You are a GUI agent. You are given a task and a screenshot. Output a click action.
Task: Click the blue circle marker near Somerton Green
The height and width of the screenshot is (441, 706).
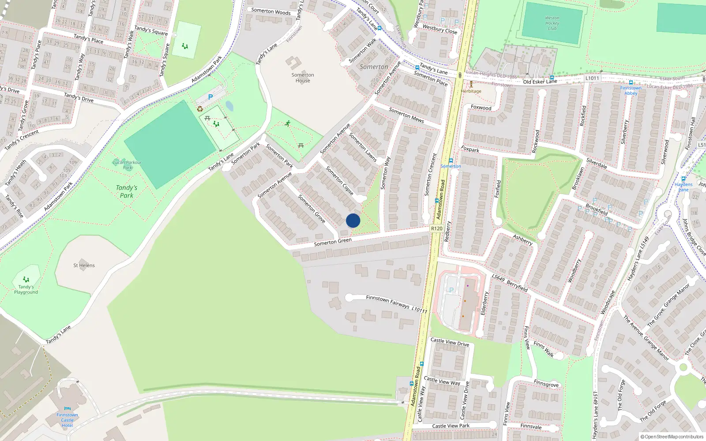[353, 220]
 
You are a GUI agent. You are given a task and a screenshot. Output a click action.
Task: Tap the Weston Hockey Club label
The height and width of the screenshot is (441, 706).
[552, 23]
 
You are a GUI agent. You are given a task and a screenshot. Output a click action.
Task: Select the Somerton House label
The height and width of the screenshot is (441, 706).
[303, 78]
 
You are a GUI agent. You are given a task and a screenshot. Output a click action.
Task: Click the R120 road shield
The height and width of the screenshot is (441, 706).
[437, 228]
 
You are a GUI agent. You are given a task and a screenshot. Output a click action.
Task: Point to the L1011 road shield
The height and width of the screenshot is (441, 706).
[592, 78]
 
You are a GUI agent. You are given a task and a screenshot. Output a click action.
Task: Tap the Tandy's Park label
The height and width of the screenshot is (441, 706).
[127, 191]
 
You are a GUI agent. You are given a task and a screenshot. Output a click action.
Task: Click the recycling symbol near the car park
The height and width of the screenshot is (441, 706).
[200, 109]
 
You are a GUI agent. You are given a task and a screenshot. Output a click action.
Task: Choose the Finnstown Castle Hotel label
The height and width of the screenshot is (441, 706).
[67, 420]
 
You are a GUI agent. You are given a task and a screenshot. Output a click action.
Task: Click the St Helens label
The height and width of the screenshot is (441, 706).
[84, 265]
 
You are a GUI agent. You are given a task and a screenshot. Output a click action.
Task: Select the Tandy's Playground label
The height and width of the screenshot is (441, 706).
[26, 289]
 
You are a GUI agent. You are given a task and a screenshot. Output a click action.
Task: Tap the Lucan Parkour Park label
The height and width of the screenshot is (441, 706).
[127, 165]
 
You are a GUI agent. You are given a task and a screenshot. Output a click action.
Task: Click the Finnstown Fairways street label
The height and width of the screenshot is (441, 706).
[387, 301]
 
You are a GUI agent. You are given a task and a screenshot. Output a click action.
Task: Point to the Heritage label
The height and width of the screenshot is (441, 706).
[471, 91]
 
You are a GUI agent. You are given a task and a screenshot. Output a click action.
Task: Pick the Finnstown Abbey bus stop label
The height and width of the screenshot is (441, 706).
[631, 90]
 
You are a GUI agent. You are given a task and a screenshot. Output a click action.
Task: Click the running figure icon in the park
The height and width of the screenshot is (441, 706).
[288, 123]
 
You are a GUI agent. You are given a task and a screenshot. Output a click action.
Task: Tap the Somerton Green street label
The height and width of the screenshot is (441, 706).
[333, 242]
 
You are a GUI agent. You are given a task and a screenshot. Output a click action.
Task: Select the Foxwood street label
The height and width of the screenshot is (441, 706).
[481, 108]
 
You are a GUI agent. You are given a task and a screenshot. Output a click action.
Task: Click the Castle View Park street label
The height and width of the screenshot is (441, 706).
[451, 426]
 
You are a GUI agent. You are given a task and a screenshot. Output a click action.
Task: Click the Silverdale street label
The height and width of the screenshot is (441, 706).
[597, 164]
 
